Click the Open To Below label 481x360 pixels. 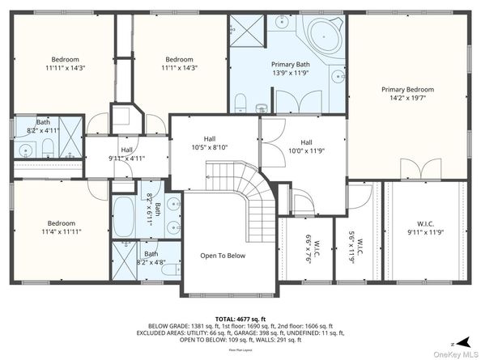[223, 256]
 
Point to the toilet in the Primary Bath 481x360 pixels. [241, 102]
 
